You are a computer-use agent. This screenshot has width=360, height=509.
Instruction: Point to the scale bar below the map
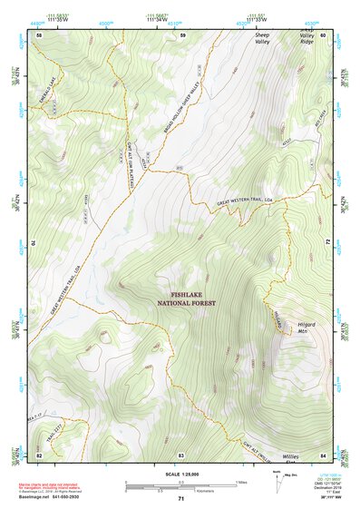tap(186, 484)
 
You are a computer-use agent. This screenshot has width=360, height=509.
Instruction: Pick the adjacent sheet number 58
tap(39, 34)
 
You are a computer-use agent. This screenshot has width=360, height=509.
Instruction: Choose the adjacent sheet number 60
tap(324, 34)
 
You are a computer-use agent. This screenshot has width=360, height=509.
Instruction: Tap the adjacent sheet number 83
tap(180, 454)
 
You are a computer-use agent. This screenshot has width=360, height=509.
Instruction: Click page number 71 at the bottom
tap(180, 498)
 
